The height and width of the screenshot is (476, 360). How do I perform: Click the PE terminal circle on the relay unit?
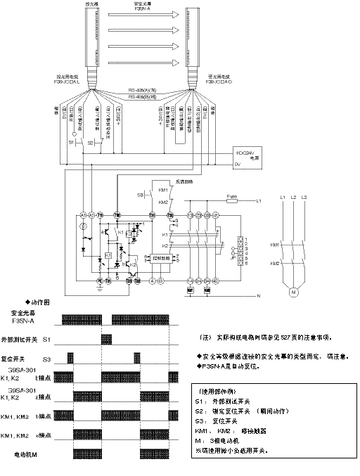[82, 280]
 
